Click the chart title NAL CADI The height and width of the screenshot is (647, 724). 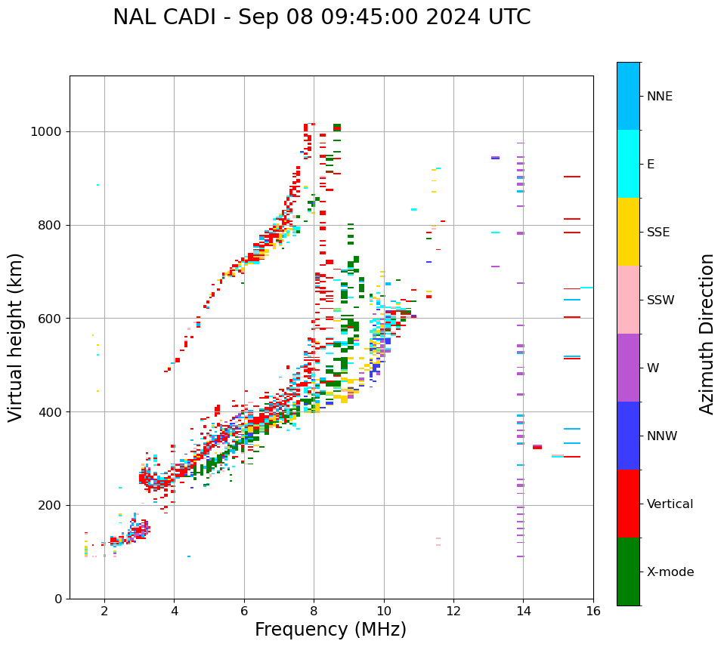point(321,17)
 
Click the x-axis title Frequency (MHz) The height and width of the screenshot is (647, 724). point(330,630)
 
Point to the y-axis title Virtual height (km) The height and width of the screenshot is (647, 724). point(16,337)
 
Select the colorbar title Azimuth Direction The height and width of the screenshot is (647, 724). point(707,334)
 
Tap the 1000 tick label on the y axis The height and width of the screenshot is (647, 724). point(47,132)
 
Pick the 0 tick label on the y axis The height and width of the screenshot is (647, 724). point(58,599)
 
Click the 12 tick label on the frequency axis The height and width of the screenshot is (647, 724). point(453,612)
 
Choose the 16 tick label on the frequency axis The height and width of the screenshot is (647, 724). point(593,612)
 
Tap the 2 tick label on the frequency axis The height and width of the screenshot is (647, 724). point(104,612)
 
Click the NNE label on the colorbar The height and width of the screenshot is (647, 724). point(659,97)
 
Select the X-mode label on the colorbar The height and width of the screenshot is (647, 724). point(670,572)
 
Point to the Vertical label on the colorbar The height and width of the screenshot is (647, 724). point(670,504)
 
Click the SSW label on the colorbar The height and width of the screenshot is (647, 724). point(661,300)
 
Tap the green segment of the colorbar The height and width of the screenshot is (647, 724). point(628,572)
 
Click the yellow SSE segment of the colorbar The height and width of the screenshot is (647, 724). point(628,232)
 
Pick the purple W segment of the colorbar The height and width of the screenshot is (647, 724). point(628,368)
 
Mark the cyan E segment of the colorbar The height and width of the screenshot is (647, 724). point(628,164)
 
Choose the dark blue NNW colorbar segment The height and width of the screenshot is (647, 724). point(628,436)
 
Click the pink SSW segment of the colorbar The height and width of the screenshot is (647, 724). point(628,300)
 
